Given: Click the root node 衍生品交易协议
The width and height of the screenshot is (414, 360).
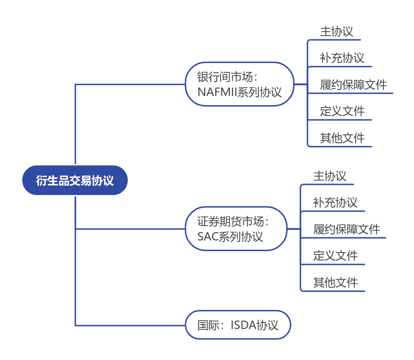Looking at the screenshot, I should click(x=75, y=180).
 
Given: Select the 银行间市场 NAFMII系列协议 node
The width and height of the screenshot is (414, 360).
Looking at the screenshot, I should click(x=239, y=84).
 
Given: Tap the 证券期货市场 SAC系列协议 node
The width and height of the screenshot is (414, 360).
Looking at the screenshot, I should click(x=236, y=229).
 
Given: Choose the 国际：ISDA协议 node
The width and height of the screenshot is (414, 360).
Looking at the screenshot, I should click(x=238, y=325).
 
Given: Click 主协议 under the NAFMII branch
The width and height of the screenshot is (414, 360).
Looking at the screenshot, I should click(x=337, y=32).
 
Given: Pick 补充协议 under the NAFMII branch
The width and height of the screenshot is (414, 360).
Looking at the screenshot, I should click(x=342, y=58).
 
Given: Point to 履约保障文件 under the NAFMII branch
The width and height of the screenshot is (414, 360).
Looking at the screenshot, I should click(x=353, y=85).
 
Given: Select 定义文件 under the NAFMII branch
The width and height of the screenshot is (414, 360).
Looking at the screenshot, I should click(x=342, y=111).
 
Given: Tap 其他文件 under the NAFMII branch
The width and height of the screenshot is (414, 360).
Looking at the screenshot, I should click(x=342, y=138).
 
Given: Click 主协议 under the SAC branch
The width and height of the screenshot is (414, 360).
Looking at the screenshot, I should click(x=330, y=176).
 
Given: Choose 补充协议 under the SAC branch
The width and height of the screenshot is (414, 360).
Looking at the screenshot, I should click(x=335, y=202).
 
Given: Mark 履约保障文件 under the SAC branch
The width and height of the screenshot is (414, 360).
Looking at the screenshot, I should click(x=346, y=229).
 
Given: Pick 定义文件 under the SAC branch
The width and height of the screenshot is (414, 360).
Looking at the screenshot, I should click(x=335, y=256).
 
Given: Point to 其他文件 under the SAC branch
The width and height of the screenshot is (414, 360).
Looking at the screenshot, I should click(x=335, y=283).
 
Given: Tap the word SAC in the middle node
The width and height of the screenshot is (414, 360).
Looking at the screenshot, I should click(x=207, y=236).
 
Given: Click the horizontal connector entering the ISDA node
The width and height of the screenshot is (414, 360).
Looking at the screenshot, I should click(x=130, y=325).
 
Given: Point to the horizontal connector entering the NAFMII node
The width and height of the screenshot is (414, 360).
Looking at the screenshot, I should click(x=130, y=84).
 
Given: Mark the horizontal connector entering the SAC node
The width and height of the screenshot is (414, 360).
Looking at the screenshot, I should click(x=130, y=228).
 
